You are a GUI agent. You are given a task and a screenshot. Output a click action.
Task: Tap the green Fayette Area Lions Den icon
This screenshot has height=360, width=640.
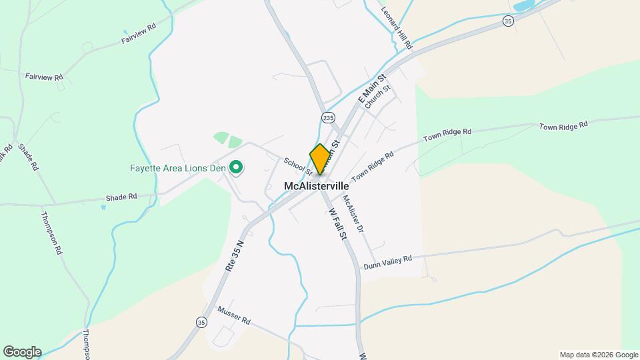[235, 168]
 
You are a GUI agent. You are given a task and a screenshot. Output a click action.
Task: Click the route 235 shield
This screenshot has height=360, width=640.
[327, 117]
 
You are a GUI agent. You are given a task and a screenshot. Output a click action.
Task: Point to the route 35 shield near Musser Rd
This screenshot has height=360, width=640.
[201, 322]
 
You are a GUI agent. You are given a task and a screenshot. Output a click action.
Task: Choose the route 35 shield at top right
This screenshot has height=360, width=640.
[509, 22]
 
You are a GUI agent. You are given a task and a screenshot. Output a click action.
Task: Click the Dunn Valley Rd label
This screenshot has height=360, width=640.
[387, 262]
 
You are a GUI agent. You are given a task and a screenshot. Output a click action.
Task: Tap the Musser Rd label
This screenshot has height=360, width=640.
[233, 316]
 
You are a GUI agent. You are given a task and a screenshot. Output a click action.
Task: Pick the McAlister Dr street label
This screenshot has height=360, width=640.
[353, 213]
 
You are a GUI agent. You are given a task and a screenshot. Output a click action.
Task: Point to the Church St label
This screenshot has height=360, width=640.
[377, 97]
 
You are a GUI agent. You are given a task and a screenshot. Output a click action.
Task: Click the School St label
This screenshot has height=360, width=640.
[298, 166]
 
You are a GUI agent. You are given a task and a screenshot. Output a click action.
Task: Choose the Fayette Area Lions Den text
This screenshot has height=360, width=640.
[177, 168]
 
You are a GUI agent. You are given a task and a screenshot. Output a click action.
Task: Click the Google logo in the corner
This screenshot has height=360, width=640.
[22, 352]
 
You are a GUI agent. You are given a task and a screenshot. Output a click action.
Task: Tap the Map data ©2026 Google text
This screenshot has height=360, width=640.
[599, 355]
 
